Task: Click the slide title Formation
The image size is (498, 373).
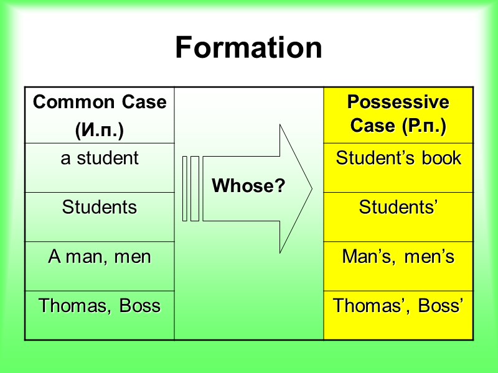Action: tap(248, 48)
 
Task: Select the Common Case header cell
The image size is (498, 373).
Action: tap(100, 116)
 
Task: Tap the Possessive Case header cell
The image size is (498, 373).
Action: tap(398, 114)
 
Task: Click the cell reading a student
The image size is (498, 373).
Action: tap(100, 159)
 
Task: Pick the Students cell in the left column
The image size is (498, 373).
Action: tap(100, 207)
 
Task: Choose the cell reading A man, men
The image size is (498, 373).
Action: tap(100, 257)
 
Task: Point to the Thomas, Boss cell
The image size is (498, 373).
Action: tap(100, 306)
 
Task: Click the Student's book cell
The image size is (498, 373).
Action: tap(398, 159)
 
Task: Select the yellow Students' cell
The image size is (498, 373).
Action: tap(398, 207)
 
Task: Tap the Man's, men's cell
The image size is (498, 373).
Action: tap(398, 257)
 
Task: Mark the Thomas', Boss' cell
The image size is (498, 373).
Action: tap(398, 306)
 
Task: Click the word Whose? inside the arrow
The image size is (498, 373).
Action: tap(249, 186)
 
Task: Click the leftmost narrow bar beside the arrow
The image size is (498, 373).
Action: tap(185, 188)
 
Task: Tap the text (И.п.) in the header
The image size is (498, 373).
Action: tap(100, 131)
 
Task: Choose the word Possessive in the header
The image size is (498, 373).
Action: tap(398, 102)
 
